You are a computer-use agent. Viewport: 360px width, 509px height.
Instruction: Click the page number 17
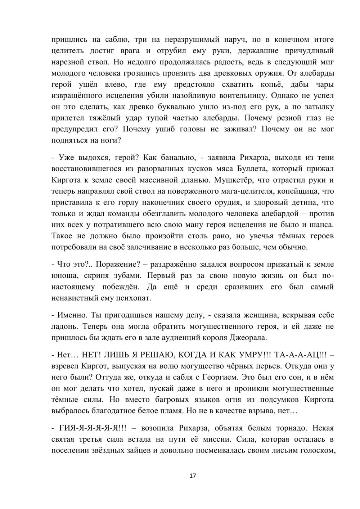[193, 476]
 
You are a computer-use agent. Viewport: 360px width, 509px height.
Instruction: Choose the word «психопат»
[133, 298]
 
